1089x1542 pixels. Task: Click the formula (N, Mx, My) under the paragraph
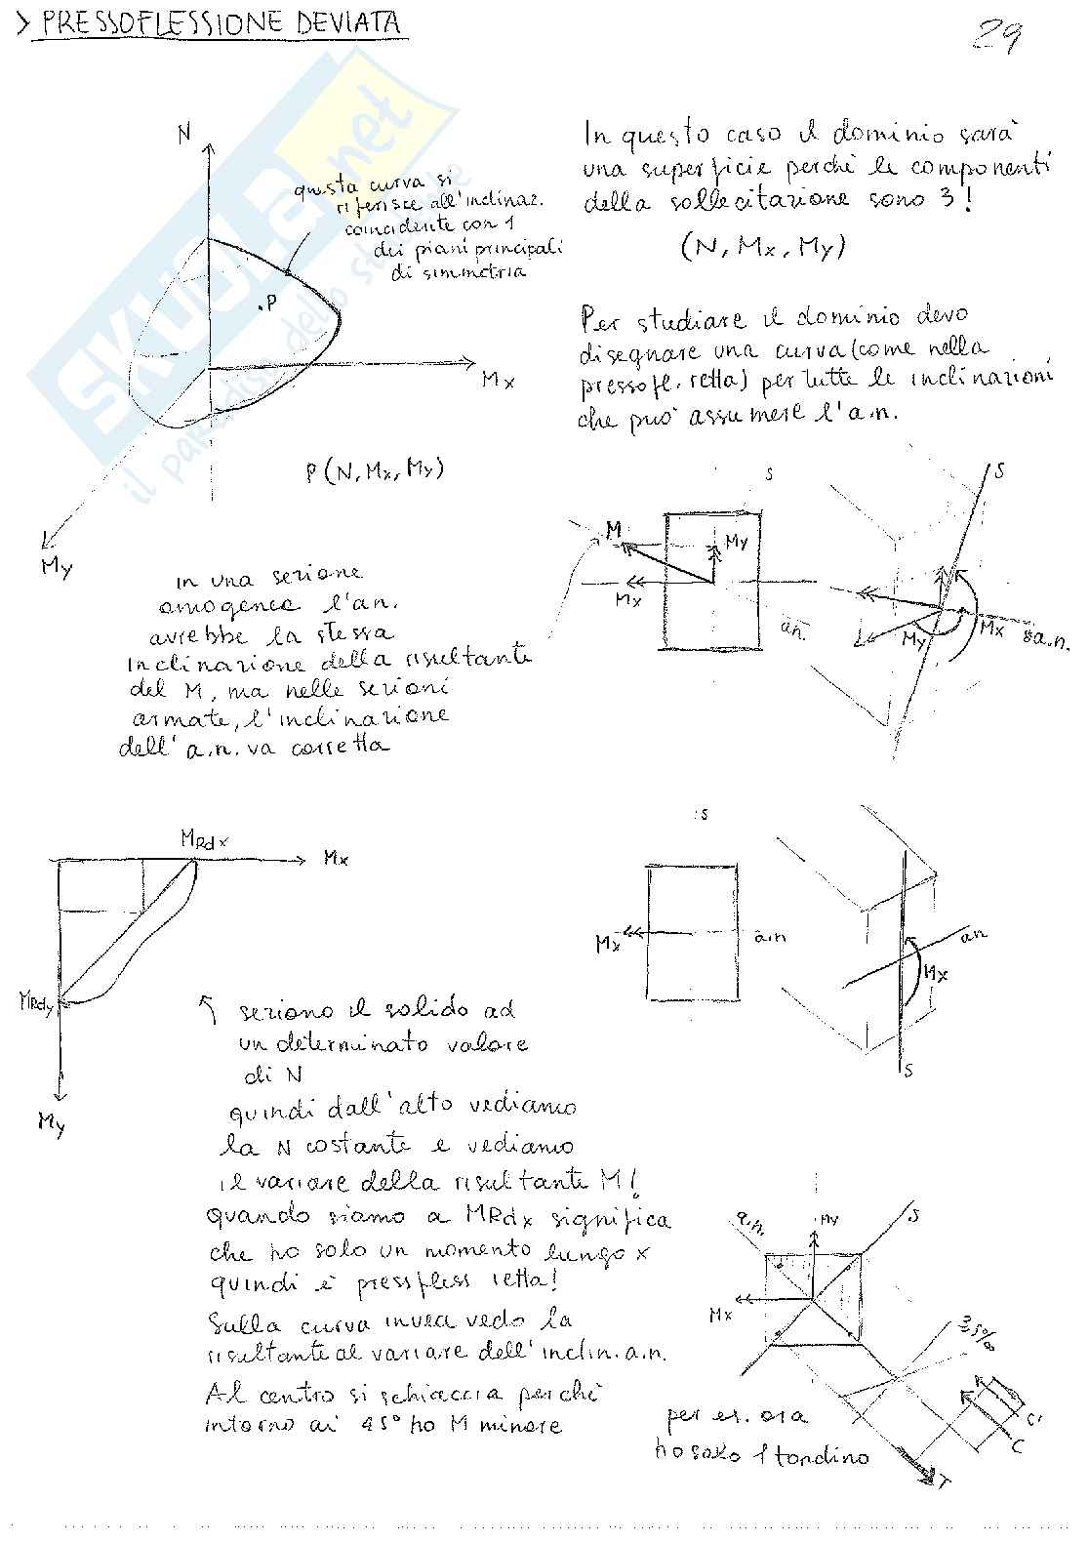click(763, 247)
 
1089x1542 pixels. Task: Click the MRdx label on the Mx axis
click(205, 837)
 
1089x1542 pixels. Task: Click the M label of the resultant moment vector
click(613, 530)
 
